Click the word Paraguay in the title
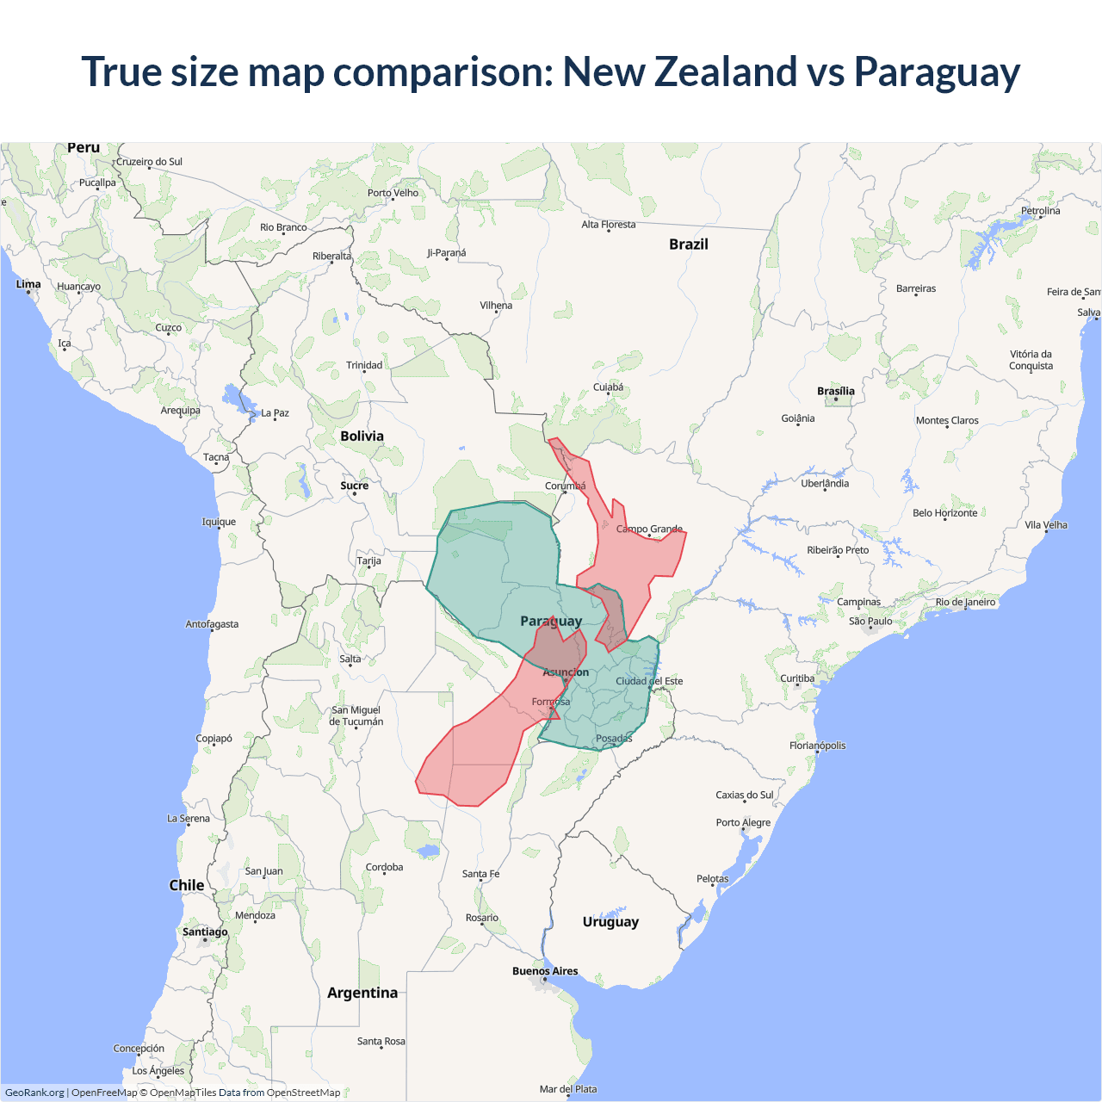(937, 72)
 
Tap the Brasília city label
(836, 392)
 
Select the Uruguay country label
(610, 922)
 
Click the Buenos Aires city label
(545, 971)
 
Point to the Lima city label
(28, 284)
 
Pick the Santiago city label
(205, 932)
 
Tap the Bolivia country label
(362, 436)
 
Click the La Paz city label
(275, 413)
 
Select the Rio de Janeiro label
(965, 602)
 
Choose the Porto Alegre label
(743, 822)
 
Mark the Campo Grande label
(649, 529)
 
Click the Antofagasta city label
(212, 624)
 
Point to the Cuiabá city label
(608, 387)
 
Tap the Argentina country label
(362, 993)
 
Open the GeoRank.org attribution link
(34, 1093)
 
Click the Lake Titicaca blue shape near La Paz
(234, 398)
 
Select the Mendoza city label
(255, 915)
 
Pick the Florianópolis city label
(817, 746)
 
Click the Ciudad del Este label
(649, 681)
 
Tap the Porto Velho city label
(393, 193)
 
